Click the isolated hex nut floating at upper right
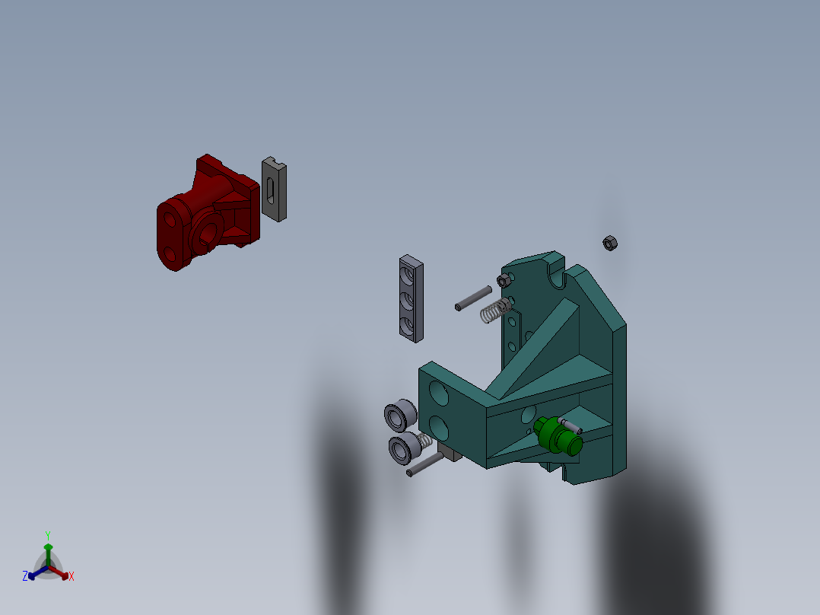609,243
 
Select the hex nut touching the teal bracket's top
503,281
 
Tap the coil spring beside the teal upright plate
496,310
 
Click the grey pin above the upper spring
473,297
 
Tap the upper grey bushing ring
399,416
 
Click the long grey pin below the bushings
424,464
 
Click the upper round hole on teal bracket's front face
438,394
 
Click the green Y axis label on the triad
47,535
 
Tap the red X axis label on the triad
71,577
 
